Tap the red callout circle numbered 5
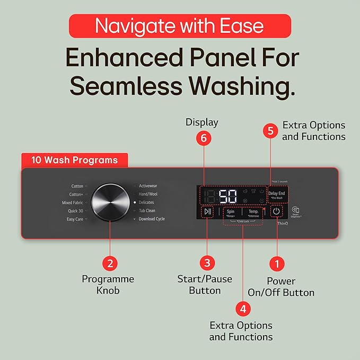point(271,130)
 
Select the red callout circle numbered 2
point(110,262)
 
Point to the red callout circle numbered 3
point(207,262)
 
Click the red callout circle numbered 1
point(277,263)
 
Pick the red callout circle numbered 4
point(243,308)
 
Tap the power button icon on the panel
point(276,212)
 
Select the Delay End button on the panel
point(277,195)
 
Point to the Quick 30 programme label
point(75,211)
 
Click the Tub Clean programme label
point(147,210)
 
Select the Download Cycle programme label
point(152,219)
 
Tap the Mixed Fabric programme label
point(72,203)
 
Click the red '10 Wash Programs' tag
point(74,160)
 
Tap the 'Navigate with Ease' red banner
point(180,26)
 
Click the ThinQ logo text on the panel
point(282,224)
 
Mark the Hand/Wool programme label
point(148,194)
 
